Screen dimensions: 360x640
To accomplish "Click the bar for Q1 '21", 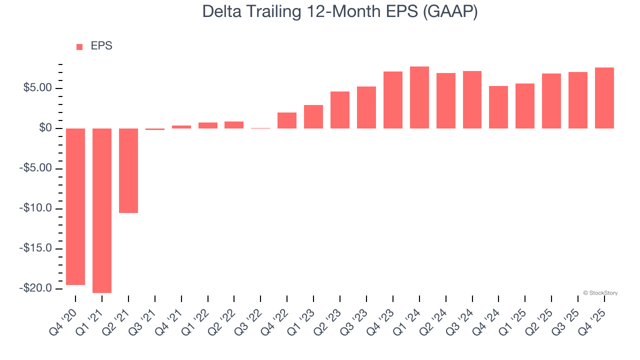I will click(102, 210).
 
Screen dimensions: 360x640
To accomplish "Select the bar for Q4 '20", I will click(75, 206).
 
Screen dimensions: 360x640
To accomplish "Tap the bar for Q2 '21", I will click(128, 170).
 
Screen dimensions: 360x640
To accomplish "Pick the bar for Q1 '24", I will click(419, 97).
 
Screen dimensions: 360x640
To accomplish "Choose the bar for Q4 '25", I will click(604, 98).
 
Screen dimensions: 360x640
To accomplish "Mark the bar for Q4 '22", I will click(287, 120).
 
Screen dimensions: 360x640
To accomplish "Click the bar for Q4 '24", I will click(498, 107).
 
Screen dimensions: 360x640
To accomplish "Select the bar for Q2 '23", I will click(340, 110).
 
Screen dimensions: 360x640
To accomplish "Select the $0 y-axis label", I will click(45, 128).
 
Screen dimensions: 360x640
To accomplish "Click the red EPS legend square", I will click(79, 46).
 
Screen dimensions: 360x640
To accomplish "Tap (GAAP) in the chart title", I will click(450, 11).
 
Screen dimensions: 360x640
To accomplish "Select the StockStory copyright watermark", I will click(600, 293).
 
